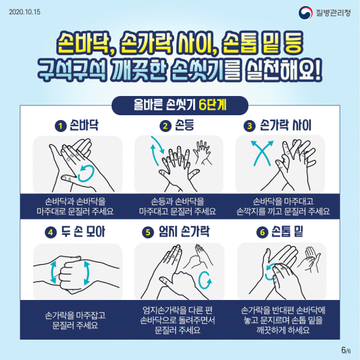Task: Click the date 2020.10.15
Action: tap(25, 12)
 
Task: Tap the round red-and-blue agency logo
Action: tap(305, 13)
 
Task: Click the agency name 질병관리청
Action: tap(333, 13)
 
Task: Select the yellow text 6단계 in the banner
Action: tap(212, 105)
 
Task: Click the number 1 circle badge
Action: tap(61, 126)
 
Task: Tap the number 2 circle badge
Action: tap(166, 126)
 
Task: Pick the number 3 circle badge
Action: tap(250, 126)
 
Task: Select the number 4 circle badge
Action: tap(51, 232)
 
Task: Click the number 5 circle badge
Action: tap(148, 232)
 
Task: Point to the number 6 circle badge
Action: tap(262, 232)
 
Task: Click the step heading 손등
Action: tap(184, 125)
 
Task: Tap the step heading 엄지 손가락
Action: tap(184, 232)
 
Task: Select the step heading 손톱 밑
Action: tap(287, 232)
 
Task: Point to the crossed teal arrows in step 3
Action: tap(262, 153)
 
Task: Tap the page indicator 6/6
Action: tap(346, 350)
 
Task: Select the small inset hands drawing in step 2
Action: tap(203, 152)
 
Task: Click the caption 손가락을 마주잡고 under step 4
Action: tap(76, 315)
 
